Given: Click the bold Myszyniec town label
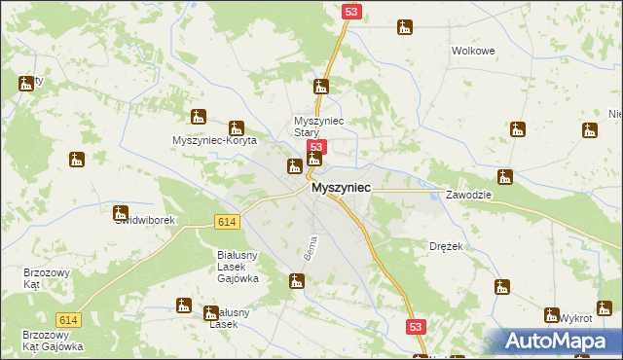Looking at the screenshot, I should [x=340, y=193].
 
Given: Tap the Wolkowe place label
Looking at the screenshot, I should [x=474, y=51].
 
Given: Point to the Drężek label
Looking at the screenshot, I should [x=446, y=247].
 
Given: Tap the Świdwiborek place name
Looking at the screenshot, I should [x=144, y=221].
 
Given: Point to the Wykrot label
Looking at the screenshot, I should [x=576, y=318].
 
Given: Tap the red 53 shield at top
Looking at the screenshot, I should [x=351, y=11].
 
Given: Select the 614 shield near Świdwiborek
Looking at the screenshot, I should [x=227, y=223].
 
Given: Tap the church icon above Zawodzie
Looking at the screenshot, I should [x=504, y=176].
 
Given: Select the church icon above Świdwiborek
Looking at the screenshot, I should [x=121, y=212].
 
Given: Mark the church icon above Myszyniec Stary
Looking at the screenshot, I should [x=320, y=86].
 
